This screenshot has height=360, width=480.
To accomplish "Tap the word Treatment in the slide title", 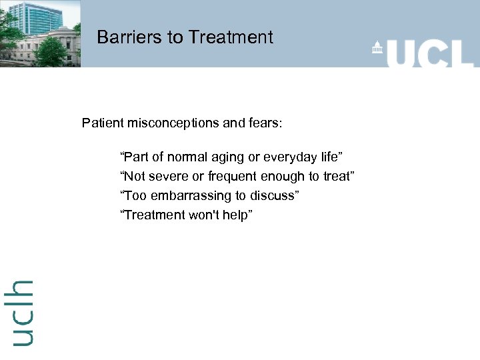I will (230, 37).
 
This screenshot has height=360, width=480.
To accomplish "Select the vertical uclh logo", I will (22, 312).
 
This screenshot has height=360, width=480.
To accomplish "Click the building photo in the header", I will (40, 33).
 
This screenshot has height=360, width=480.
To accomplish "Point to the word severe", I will (165, 177).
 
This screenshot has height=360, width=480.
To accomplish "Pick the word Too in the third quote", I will (132, 195).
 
